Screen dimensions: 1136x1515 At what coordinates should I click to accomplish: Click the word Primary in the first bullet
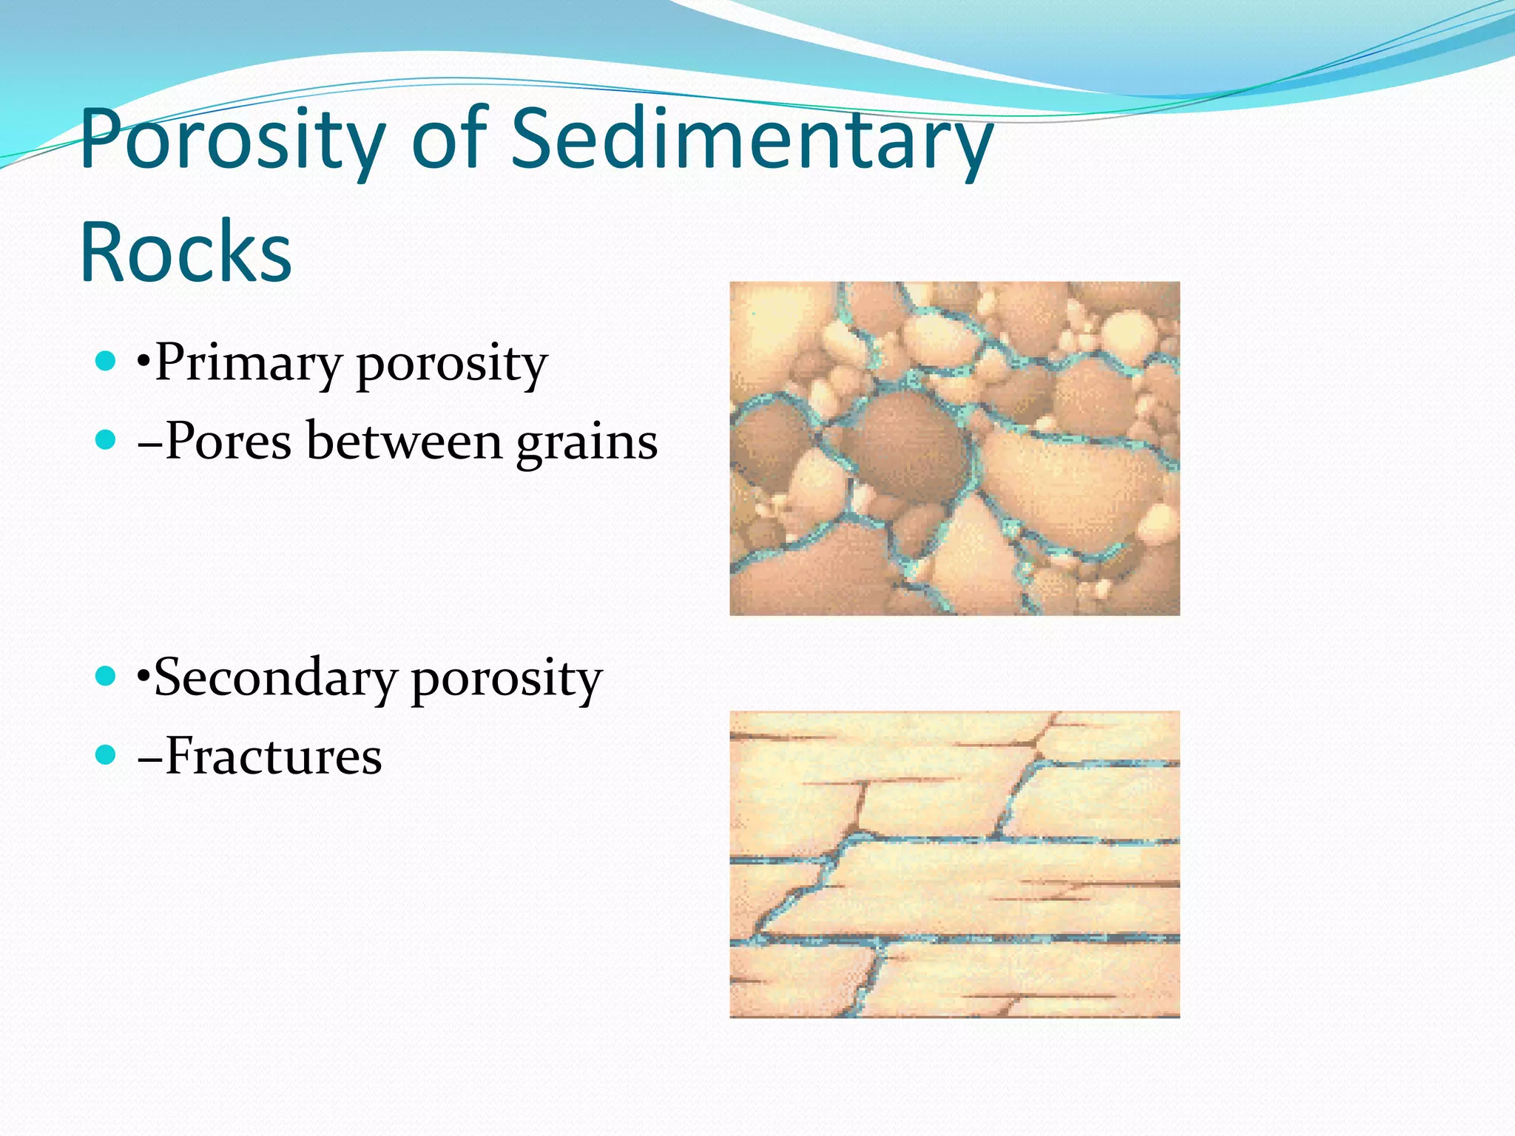(x=248, y=364)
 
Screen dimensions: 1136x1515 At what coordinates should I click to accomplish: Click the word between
(x=404, y=442)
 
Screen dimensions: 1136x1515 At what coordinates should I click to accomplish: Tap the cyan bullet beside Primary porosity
(x=107, y=361)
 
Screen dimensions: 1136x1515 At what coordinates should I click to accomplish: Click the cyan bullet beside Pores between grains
(x=107, y=441)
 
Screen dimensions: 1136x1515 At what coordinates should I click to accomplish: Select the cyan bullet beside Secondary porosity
(x=107, y=676)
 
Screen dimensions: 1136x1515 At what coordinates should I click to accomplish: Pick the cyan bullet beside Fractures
(x=107, y=755)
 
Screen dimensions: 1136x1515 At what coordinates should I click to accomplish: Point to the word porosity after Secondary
(x=507, y=679)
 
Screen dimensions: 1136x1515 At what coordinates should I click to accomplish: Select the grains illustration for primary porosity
(x=954, y=448)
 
